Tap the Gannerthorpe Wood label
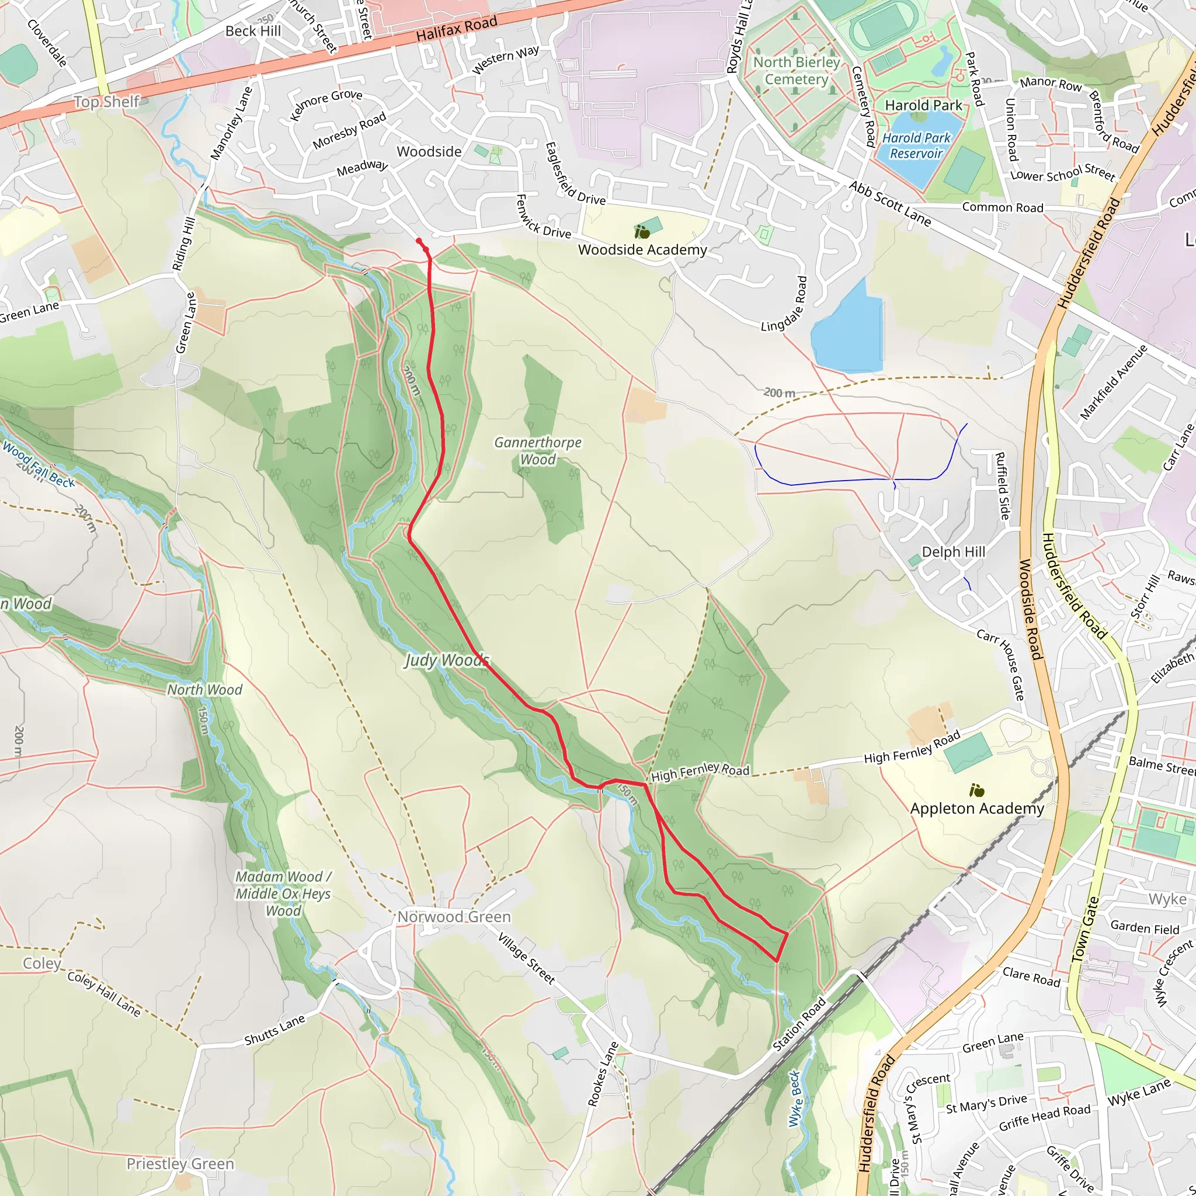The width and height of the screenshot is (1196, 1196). pos(537,451)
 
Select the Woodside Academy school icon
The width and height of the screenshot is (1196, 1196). pos(642,233)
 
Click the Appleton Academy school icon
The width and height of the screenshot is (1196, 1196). pos(977,791)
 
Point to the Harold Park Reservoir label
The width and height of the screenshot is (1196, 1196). pos(916,145)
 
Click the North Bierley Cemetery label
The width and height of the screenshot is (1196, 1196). pos(796,71)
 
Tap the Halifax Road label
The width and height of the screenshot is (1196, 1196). pos(456,29)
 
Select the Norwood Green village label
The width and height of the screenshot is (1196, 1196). pos(454,917)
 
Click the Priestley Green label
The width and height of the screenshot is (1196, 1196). pos(180,1164)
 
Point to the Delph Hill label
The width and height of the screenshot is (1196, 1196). pos(953,551)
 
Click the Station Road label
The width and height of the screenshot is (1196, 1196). pos(799,1024)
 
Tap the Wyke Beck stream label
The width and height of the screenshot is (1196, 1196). pos(795,1099)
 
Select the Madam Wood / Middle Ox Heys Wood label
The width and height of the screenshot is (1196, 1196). pos(283,894)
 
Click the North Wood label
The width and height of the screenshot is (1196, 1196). pos(204,690)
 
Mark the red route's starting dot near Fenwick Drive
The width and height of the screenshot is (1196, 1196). pos(419,241)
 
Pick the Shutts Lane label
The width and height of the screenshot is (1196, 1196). pos(274,1030)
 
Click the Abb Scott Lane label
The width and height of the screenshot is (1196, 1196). pos(889,204)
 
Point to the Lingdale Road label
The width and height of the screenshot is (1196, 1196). pos(785,304)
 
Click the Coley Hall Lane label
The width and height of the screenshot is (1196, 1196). pos(104,993)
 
